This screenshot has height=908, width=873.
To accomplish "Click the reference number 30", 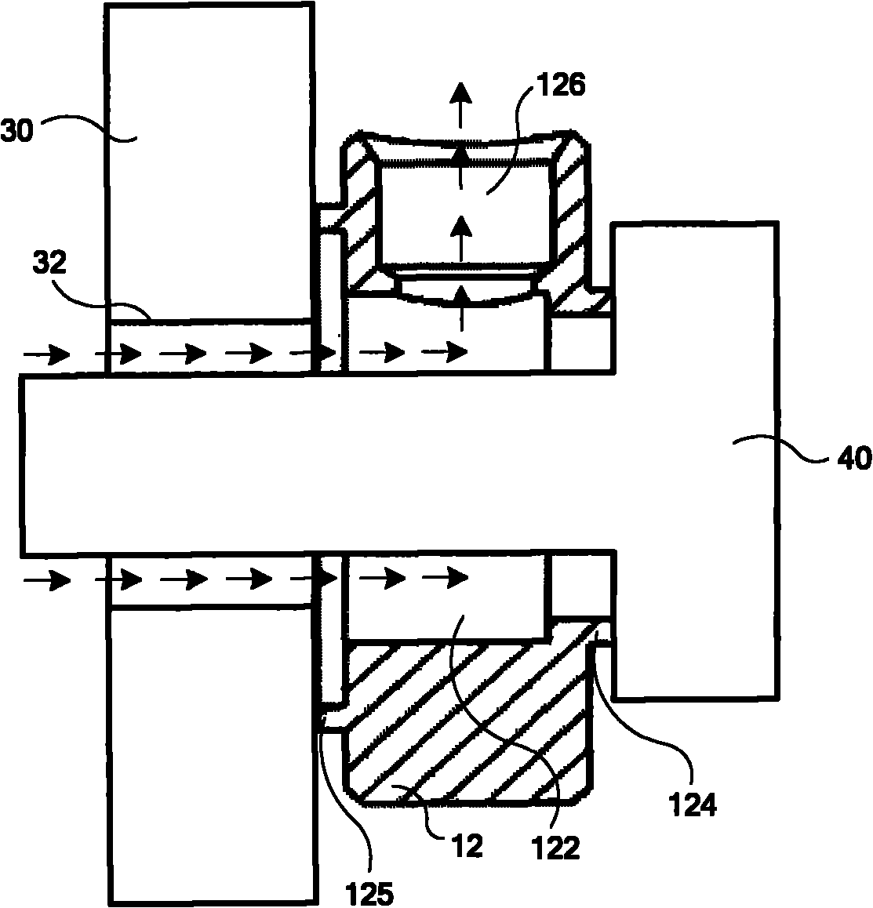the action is (x=16, y=132).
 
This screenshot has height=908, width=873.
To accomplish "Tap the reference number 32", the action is (x=49, y=263).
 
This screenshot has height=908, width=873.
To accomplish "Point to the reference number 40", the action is (x=854, y=458).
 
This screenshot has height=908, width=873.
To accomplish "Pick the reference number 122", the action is (x=555, y=848).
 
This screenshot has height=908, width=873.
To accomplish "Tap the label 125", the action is (x=369, y=894).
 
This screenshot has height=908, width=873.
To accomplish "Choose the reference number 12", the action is (x=467, y=847).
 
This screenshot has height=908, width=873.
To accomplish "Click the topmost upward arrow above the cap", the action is (x=461, y=105).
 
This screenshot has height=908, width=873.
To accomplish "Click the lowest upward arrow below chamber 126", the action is (x=461, y=309).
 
